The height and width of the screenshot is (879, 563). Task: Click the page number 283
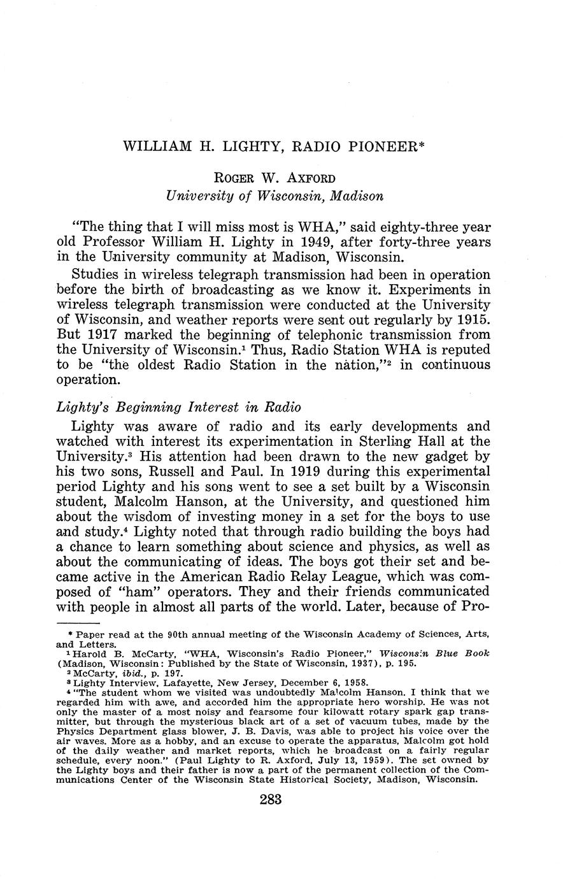(x=271, y=800)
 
